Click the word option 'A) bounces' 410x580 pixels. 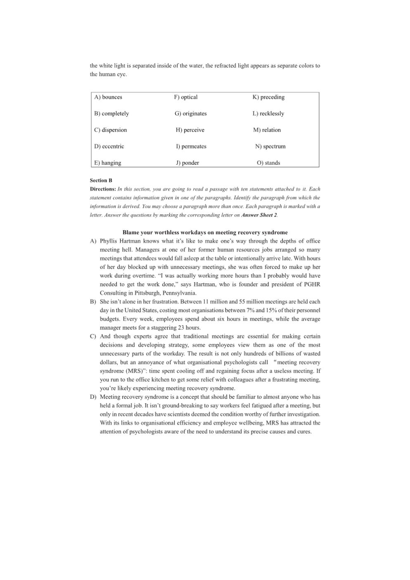click(x=108, y=97)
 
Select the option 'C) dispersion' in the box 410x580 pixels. click(x=111, y=130)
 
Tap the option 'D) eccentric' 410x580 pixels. click(x=109, y=146)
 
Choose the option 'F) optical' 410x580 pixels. click(x=186, y=97)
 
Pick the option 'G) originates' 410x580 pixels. click(x=191, y=114)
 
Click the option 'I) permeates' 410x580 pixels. click(x=191, y=146)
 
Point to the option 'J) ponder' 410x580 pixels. click(x=187, y=163)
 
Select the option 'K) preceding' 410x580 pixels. click(x=268, y=97)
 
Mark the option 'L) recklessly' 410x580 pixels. click(x=268, y=114)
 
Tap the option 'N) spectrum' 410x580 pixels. click(x=270, y=146)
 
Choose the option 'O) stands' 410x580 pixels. click(x=268, y=163)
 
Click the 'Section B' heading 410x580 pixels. click(x=101, y=181)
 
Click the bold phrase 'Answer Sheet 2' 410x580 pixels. click(x=259, y=215)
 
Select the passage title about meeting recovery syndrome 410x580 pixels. click(x=205, y=233)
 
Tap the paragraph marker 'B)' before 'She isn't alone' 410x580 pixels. click(x=93, y=302)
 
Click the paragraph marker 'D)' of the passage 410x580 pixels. click(x=93, y=397)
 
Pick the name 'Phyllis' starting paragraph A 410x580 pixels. click(x=109, y=241)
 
